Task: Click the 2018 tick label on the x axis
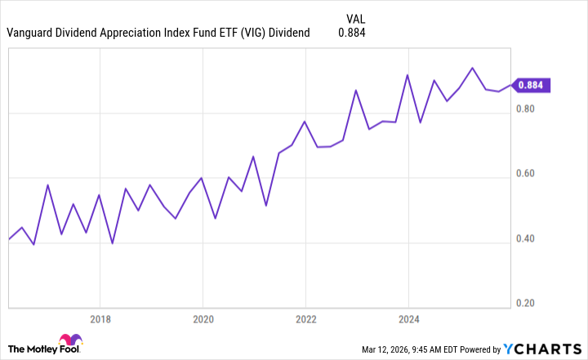(x=100, y=319)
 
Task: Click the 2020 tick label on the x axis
(x=203, y=319)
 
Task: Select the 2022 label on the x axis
(x=305, y=319)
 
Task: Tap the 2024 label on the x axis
(x=408, y=319)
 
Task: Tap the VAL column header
(x=356, y=16)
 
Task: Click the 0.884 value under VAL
(x=351, y=33)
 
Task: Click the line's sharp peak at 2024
(x=408, y=75)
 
